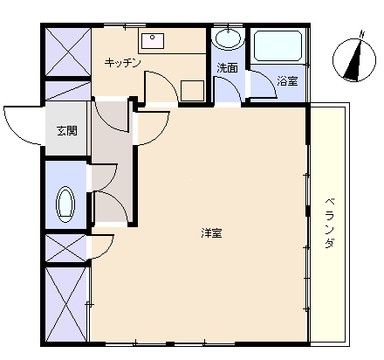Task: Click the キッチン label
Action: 123,63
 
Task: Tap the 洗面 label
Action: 228,68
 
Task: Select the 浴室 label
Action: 287,81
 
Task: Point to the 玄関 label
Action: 67,131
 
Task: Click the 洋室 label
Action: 212,233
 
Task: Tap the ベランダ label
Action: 329,223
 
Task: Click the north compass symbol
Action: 354,59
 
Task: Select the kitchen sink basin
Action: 153,41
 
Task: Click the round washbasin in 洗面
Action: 228,38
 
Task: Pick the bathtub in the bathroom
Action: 278,45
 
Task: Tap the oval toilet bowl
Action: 65,204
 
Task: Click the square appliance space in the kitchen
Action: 192,91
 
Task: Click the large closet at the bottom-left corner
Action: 66,304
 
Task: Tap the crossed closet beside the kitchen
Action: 68,52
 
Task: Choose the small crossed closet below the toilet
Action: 66,248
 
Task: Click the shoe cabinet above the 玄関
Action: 68,91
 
